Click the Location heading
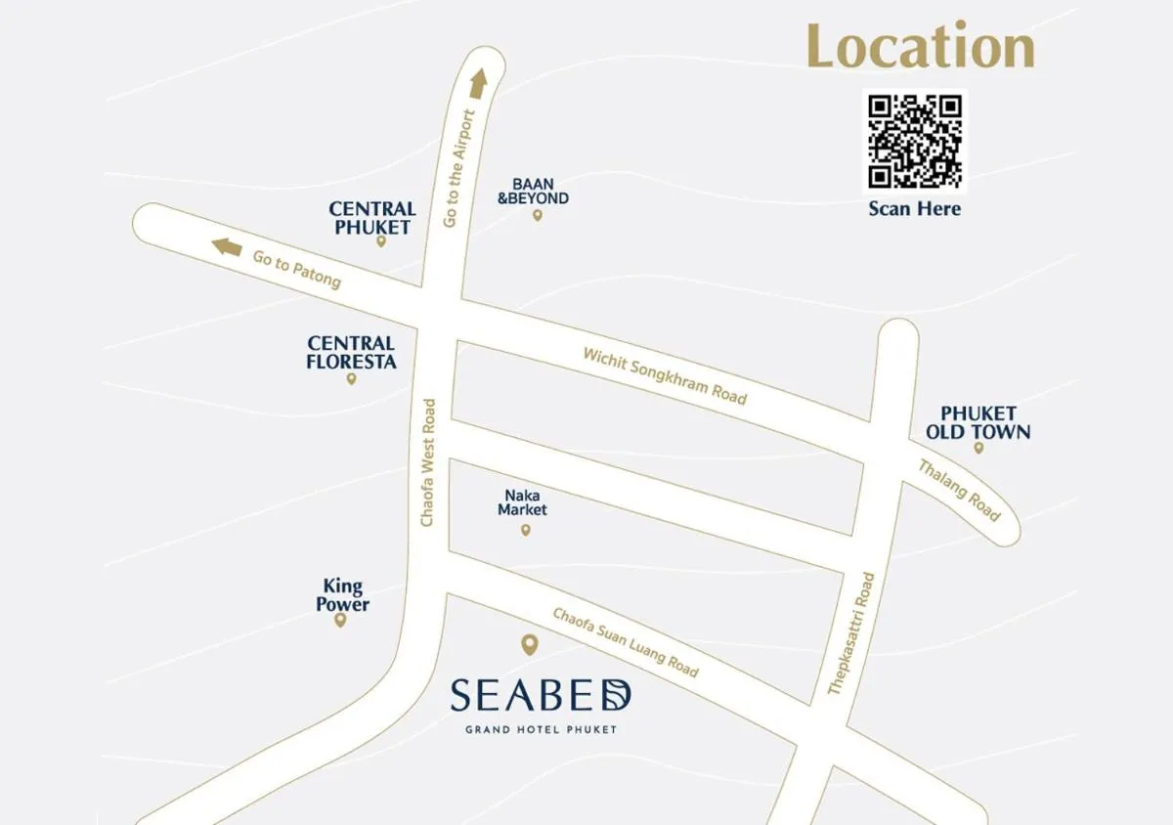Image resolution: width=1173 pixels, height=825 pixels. point(920,46)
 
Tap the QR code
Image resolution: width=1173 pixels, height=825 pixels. point(915,141)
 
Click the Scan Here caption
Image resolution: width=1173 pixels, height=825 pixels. point(915,208)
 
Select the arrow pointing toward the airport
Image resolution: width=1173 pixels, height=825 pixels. point(478,83)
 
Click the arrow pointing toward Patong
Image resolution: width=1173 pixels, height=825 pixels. point(227,246)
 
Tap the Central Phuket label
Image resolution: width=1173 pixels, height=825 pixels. point(372,218)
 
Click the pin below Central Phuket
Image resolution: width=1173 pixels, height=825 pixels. point(381,241)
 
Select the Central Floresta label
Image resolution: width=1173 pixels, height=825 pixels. point(351,352)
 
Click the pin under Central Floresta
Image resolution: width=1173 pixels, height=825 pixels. point(351,378)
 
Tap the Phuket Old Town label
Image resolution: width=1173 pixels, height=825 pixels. point(978,422)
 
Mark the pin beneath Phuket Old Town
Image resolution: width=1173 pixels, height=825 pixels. point(978,448)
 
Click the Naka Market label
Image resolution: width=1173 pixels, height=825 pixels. point(522,502)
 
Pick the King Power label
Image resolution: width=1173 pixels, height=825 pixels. point(342,595)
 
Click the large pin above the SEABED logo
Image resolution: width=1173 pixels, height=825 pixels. point(529,644)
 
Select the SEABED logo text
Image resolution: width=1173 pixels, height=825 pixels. point(541,696)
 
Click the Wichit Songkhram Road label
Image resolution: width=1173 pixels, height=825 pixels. point(665,375)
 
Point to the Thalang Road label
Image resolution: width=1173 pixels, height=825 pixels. point(959,490)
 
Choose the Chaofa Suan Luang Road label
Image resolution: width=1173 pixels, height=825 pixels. point(626,642)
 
